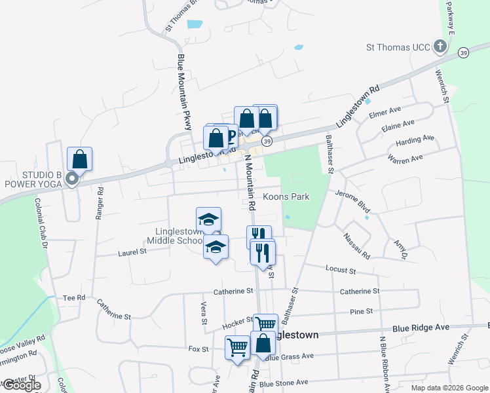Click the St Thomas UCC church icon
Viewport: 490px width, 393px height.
click(440, 47)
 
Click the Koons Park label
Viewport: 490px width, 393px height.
click(286, 196)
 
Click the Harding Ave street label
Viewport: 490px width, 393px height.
click(415, 141)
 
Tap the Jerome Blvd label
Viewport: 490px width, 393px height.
click(352, 200)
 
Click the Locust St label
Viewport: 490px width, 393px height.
click(340, 270)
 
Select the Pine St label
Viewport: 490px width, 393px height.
click(361, 311)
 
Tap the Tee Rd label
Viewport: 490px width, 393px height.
click(74, 297)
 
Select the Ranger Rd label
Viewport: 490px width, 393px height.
click(100, 203)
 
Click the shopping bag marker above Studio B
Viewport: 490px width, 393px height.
click(79, 159)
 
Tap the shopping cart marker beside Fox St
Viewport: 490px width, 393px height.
click(236, 347)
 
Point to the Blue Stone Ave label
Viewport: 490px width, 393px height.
click(283, 383)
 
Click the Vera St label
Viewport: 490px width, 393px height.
click(204, 313)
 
